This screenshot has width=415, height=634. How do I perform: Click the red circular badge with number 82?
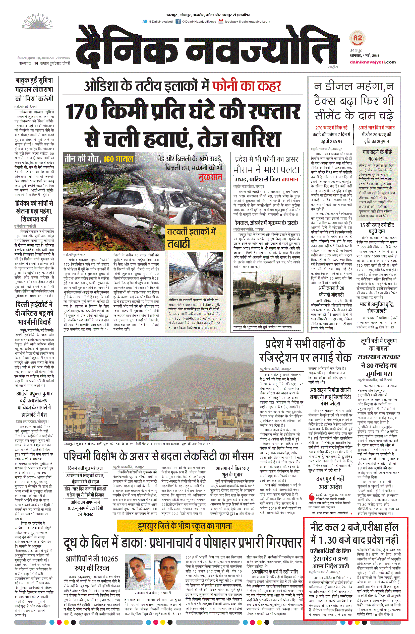coord(358,38)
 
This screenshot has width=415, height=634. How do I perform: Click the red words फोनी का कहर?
coord(247,86)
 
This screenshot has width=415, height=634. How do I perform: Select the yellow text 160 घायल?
coord(118,159)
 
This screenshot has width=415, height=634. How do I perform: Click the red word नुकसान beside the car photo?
coord(210,177)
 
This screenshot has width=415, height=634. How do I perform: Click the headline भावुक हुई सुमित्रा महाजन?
coord(34,90)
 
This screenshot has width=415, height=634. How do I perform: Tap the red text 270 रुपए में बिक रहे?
coord(331,128)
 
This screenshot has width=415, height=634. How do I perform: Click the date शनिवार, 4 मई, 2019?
coord(364,56)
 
